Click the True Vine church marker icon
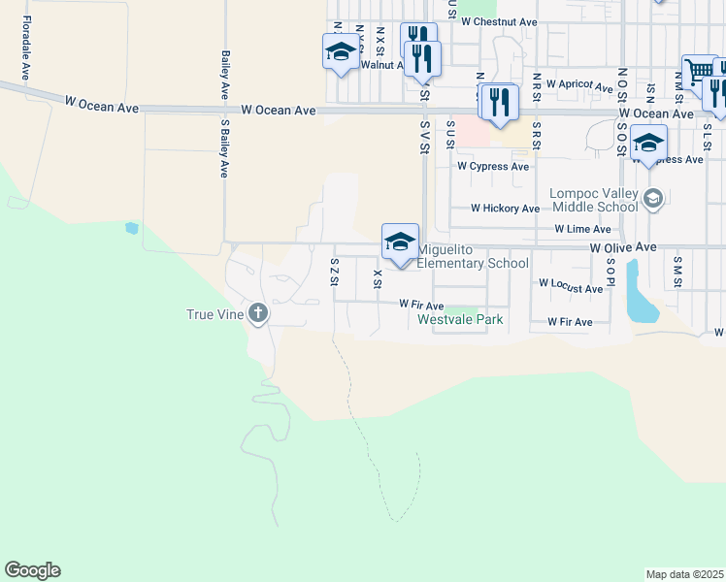257,313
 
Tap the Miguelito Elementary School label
473,256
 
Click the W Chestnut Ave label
499,21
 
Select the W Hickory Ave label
505,209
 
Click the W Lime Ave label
582,230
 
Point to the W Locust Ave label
572,289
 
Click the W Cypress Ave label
493,166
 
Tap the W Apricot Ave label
579,84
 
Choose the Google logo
32,570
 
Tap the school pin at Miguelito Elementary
400,243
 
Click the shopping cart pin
699,72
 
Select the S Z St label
334,271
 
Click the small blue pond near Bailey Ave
132,228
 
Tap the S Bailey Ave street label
224,148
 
